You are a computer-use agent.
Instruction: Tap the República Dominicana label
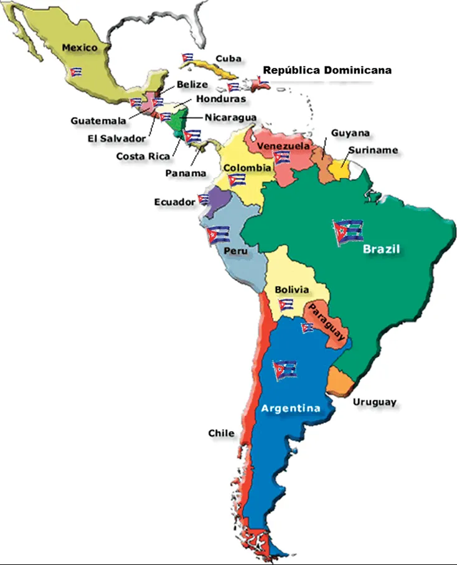coord(327,70)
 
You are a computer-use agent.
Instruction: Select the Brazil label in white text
coord(381,249)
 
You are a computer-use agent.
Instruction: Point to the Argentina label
coord(290,409)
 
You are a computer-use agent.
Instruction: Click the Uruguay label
coord(374,402)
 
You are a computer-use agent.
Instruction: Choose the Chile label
coord(221,433)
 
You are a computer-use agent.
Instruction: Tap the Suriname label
coord(373,150)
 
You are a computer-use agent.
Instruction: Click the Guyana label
coord(350,133)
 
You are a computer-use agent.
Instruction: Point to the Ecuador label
coord(174,202)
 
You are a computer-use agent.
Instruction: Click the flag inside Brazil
coord(348,232)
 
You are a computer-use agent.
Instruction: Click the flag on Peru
coord(219,234)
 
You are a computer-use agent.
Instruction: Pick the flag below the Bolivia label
coord(286,305)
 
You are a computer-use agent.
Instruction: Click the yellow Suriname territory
coord(340,169)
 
